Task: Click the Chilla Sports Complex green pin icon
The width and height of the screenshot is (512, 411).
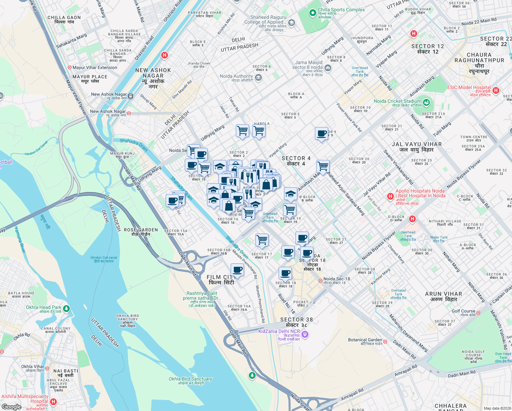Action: pos(312,13)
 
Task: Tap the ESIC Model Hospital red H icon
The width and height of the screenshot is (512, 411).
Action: pos(496,90)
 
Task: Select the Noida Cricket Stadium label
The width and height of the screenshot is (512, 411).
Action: pos(397,101)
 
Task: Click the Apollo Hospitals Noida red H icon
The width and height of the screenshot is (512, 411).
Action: pos(390,196)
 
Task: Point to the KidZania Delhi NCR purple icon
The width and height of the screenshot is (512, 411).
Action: pos(305,334)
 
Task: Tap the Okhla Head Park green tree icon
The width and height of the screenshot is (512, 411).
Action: pos(66,309)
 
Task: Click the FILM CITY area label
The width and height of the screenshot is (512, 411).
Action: pos(221,279)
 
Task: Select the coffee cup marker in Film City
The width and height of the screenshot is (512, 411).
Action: pos(237,270)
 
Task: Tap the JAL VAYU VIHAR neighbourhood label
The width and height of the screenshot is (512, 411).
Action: pos(417,147)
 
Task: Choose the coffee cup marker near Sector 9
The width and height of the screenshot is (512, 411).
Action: pos(321,134)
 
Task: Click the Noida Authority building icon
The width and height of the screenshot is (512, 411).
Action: pos(258,78)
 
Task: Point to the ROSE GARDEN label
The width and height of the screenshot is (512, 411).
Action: pos(141,232)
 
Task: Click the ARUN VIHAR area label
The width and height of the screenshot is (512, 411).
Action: pos(443,296)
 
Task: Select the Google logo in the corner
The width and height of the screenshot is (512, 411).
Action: pos(11,407)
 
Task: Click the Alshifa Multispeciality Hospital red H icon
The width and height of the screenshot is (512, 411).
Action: pos(53,401)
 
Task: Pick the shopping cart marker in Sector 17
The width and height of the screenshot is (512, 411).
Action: pos(262,240)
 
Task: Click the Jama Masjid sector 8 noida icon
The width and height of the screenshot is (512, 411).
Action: pos(328,68)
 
